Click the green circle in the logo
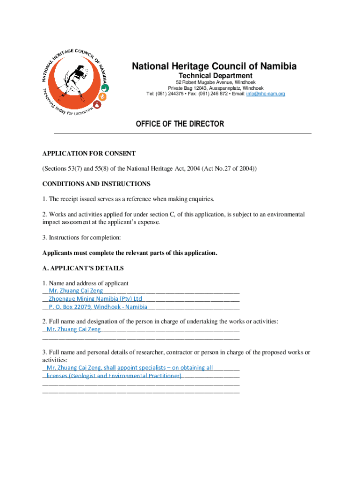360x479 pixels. [x=106, y=88]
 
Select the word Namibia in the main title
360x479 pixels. [x=276, y=66]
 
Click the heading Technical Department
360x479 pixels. [x=216, y=76]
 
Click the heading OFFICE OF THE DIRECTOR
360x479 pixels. [x=180, y=124]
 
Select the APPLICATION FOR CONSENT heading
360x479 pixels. [x=89, y=153]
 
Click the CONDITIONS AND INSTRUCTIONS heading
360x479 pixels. [x=96, y=184]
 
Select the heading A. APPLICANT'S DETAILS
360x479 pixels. [x=83, y=269]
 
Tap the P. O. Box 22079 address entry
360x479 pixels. [x=70, y=307]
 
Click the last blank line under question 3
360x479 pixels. [x=141, y=392]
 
